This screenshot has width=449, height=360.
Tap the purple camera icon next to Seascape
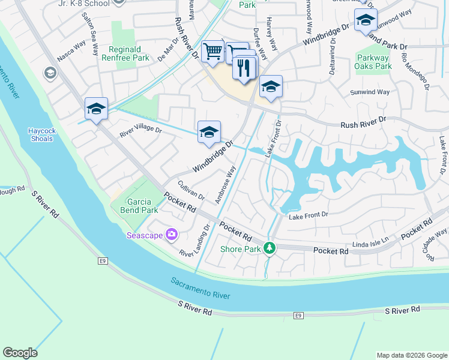pyautogui.click(x=172, y=235)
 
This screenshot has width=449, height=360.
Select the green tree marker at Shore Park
pyautogui.click(x=270, y=248)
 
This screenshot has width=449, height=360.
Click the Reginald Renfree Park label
pyautogui.click(x=128, y=53)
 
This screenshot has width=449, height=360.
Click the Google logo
pyautogui.click(x=20, y=353)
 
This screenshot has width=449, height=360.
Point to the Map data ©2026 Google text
pyautogui.click(x=411, y=355)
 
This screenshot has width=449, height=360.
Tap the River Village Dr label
pyautogui.click(x=140, y=131)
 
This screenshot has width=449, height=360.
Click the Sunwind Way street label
pyautogui.click(x=370, y=92)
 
